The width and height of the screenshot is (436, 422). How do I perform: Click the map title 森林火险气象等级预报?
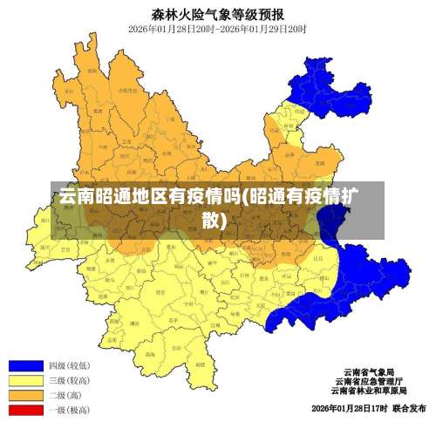coord(217,13)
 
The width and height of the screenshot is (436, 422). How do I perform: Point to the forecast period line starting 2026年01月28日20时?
coord(217,28)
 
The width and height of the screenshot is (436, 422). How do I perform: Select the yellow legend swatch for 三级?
coord(25,380)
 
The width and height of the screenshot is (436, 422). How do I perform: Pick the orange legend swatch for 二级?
coord(25,395)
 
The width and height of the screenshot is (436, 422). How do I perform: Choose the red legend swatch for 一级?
coord(25,409)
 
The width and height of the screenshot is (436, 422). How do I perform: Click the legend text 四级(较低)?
coord(69,365)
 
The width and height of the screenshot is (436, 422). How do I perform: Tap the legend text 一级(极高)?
coord(69,409)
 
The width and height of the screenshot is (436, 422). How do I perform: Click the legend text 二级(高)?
coord(65,395)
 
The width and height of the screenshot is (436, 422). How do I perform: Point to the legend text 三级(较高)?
coord(69,380)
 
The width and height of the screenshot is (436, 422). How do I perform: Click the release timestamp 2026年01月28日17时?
coord(349,408)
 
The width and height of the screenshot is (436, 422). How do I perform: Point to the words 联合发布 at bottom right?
coord(409,408)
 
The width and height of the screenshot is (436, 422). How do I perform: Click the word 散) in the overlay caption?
coord(215,219)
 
